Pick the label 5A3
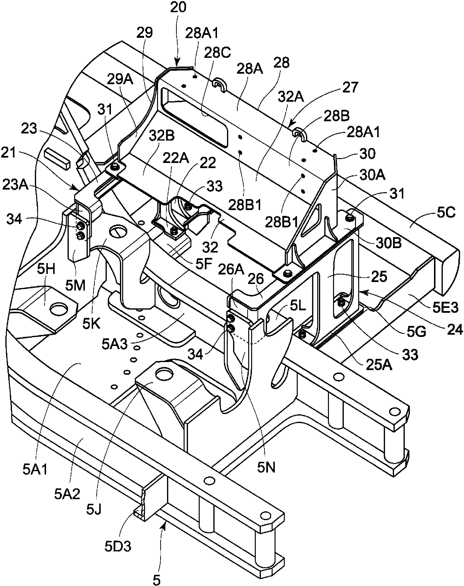click(x=115, y=344)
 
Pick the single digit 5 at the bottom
click(x=157, y=579)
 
